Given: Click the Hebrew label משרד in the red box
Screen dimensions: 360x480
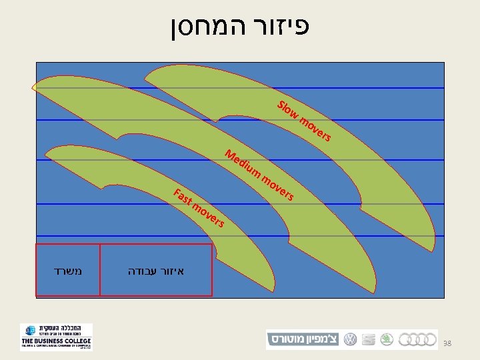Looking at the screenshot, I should (67, 271).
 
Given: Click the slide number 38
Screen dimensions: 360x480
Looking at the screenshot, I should (448, 343).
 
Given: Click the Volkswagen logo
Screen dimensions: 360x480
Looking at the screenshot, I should (350, 339).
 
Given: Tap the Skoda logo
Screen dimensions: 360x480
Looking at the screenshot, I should (386, 339).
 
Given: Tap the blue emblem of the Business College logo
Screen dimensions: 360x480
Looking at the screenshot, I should (29, 332).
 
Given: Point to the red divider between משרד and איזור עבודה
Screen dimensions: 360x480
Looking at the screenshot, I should (100, 269).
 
